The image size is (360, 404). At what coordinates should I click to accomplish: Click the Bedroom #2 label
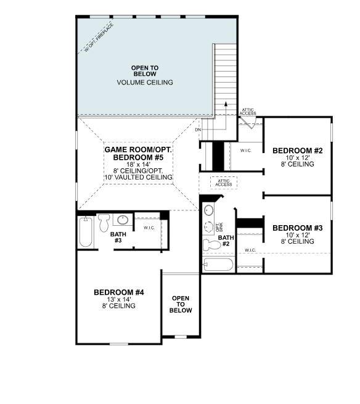[x=293, y=150]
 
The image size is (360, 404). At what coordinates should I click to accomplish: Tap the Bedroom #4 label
[x=118, y=292]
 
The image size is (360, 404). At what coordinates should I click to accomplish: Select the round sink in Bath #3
[x=123, y=220]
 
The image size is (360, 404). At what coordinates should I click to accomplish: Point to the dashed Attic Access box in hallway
[x=223, y=182]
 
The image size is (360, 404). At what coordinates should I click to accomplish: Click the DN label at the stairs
[x=198, y=130]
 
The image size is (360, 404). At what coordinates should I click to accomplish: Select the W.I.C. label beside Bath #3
[x=149, y=227]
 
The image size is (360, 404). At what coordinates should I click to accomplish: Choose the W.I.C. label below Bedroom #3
[x=249, y=250]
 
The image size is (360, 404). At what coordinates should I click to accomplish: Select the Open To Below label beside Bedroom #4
[x=181, y=304]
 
